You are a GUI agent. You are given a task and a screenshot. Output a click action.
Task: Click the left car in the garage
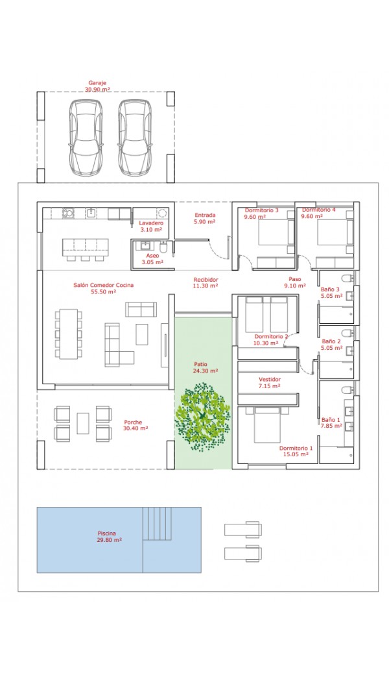[86, 138]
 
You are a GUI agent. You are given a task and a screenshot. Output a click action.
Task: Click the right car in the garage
[135, 138]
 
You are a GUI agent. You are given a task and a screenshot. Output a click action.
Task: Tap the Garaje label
[97, 82]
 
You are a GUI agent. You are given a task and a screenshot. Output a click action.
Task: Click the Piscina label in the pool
[106, 533]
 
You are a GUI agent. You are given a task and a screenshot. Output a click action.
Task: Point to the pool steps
[158, 523]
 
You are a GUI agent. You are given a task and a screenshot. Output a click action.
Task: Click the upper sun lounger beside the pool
[243, 529]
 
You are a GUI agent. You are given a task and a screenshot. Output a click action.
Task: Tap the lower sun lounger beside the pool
[243, 553]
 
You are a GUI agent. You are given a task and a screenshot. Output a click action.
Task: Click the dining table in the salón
[68, 334]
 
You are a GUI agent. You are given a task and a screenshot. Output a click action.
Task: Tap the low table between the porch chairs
[83, 423]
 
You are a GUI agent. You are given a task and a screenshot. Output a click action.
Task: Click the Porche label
[133, 423]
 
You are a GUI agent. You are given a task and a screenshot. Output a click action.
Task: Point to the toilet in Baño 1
[348, 390]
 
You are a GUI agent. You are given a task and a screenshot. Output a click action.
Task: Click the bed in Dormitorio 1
[267, 425]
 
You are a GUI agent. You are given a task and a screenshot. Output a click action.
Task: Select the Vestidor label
[270, 379]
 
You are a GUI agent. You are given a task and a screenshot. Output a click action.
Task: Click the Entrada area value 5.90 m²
[205, 222]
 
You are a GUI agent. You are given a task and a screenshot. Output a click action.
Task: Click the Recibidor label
[206, 279]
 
